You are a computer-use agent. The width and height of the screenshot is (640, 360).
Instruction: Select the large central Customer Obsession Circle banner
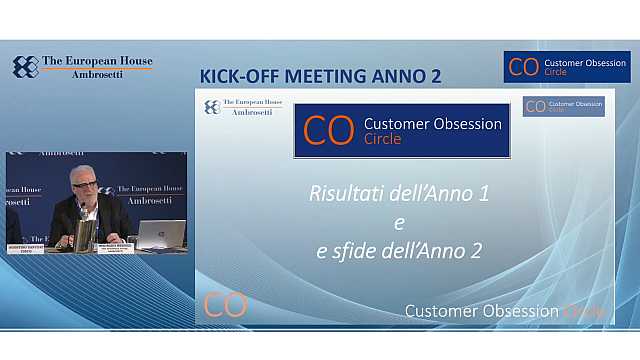click(401, 131)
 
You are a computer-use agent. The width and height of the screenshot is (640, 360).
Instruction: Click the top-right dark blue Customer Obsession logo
click(567, 67)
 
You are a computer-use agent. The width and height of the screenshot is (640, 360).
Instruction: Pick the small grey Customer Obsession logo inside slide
click(563, 106)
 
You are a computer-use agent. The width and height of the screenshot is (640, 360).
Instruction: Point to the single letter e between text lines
click(399, 221)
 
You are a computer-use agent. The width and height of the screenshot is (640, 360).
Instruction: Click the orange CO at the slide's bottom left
click(225, 305)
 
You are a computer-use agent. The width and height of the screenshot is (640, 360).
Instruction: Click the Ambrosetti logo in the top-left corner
click(82, 67)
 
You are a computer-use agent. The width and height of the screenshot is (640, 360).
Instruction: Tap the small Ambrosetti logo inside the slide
click(244, 107)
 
